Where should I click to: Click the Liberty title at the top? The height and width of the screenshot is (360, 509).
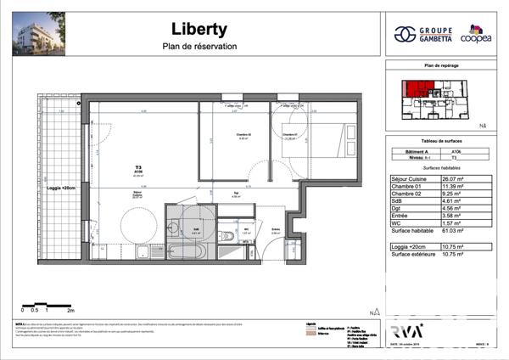click(199, 29)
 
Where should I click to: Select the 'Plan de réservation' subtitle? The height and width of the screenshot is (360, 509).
click(199, 47)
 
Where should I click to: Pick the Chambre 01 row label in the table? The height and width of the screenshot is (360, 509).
click(406, 187)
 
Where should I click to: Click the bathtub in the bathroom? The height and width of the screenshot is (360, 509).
click(179, 252)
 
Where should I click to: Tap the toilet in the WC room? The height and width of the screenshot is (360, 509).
click(226, 237)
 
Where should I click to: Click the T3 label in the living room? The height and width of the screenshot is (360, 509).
click(137, 166)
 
